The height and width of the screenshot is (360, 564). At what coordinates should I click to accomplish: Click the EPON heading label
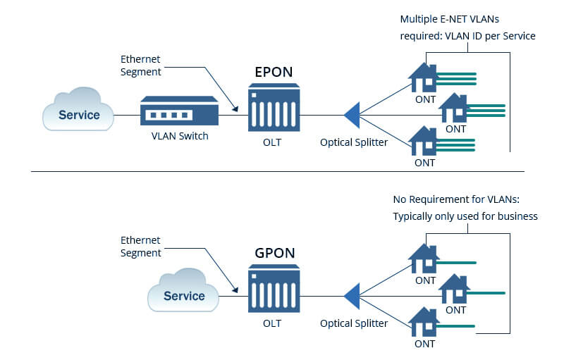[274, 72]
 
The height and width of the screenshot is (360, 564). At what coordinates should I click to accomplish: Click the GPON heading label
[274, 254]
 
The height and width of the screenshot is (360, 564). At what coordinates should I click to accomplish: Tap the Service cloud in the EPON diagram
[78, 113]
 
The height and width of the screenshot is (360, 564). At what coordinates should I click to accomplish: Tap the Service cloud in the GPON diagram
[183, 294]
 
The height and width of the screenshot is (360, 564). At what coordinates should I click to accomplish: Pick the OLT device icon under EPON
[274, 107]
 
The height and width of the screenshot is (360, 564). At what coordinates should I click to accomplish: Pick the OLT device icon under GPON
[274, 290]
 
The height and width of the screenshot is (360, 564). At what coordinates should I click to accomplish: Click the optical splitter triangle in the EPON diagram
[352, 114]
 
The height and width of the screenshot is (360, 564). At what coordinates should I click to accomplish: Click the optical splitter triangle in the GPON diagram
[352, 296]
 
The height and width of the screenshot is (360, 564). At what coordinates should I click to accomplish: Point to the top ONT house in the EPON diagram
[424, 78]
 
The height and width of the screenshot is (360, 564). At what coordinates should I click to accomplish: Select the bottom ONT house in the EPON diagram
[424, 140]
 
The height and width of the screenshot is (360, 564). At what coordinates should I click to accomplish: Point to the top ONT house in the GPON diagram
[424, 259]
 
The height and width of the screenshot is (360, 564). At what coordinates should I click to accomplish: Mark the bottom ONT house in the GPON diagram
[424, 321]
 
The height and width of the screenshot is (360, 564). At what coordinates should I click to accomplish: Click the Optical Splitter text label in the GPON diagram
[354, 323]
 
